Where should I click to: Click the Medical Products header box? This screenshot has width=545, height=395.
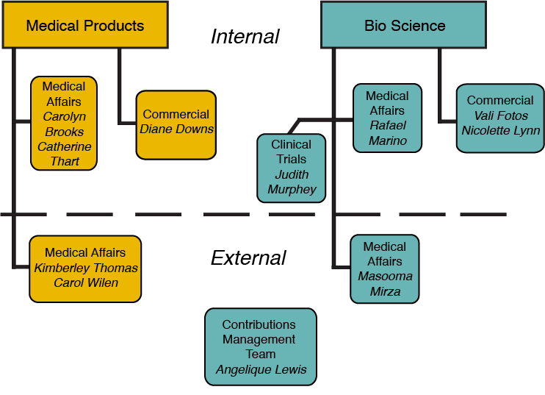pyautogui.click(x=85, y=25)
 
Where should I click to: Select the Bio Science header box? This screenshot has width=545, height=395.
pyautogui.click(x=404, y=25)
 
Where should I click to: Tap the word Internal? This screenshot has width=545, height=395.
pyautogui.click(x=245, y=37)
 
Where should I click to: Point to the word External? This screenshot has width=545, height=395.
pyautogui.click(x=248, y=258)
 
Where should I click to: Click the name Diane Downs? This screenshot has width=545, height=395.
pyautogui.click(x=176, y=129)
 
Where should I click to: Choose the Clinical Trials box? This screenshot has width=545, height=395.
pyautogui.click(x=291, y=168)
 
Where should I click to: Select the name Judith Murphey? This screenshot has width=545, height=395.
pyautogui.click(x=291, y=182)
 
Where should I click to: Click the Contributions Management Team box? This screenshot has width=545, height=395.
pyautogui.click(x=260, y=346)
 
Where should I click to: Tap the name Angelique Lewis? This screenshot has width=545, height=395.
pyautogui.click(x=261, y=370)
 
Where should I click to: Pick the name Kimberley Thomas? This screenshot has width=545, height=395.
pyautogui.click(x=86, y=268)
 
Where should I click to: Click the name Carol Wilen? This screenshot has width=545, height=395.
pyautogui.click(x=86, y=283)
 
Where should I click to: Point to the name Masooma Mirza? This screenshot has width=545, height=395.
pyautogui.click(x=385, y=284)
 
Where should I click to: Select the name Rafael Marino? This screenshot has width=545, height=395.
pyautogui.click(x=387, y=133)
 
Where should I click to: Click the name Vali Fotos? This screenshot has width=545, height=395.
pyautogui.click(x=500, y=116)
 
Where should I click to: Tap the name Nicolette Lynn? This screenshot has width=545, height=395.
pyautogui.click(x=500, y=131)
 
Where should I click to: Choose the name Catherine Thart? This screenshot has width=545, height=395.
pyautogui.click(x=65, y=154)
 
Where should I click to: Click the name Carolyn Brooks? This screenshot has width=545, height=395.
pyautogui.click(x=64, y=124)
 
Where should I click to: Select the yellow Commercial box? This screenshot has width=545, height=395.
pyautogui.click(x=176, y=124)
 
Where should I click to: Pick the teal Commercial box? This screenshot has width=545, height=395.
pyautogui.click(x=500, y=118)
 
